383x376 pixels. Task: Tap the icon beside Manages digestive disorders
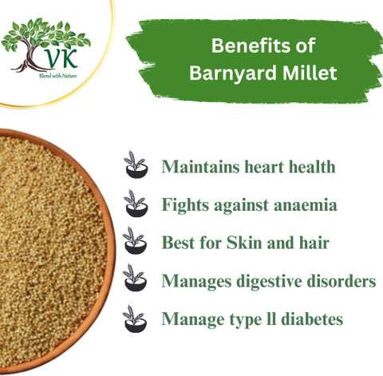point(136,281)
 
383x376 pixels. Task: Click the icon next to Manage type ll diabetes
point(136,319)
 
